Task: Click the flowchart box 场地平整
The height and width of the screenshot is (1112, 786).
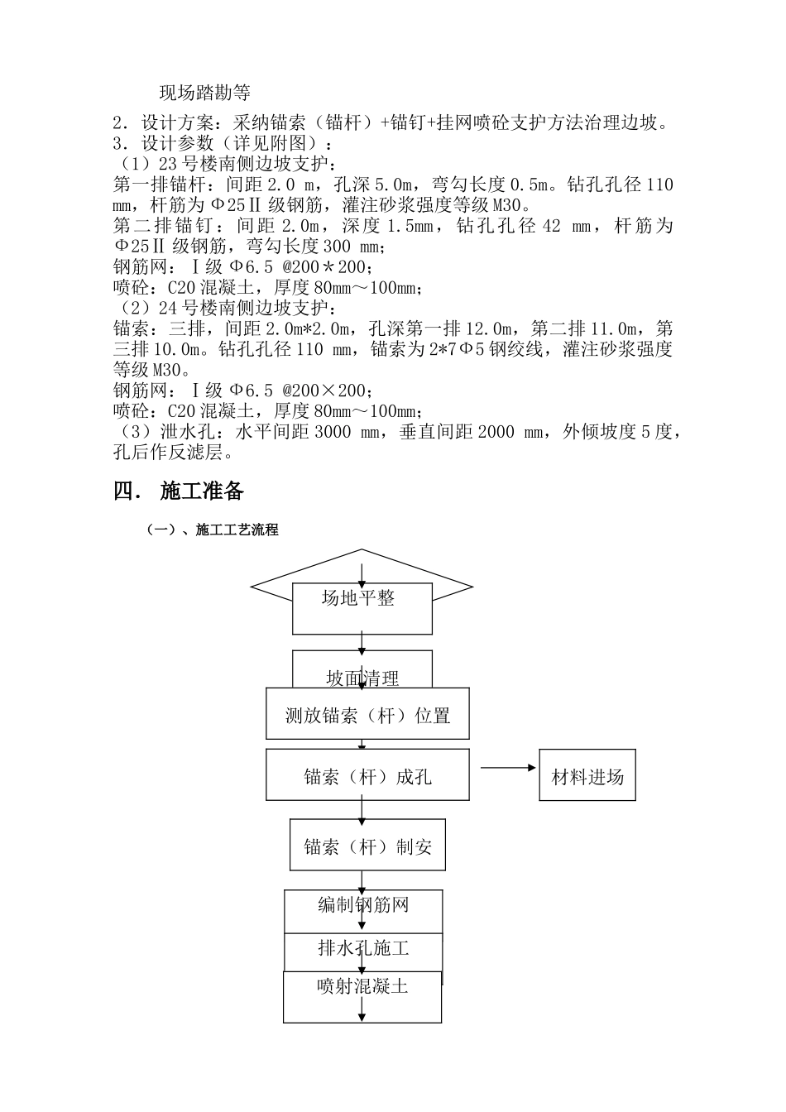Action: point(362,607)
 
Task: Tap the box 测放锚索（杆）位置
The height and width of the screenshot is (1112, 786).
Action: point(367,715)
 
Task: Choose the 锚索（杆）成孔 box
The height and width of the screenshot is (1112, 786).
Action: point(367,776)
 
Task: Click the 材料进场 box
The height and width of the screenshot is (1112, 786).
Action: point(587,776)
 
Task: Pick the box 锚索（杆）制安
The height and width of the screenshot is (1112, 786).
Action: point(367,846)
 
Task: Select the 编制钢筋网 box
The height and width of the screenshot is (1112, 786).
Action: point(363,906)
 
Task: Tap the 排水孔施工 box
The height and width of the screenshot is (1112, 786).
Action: point(363,948)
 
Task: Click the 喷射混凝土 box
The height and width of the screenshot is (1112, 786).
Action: point(362,995)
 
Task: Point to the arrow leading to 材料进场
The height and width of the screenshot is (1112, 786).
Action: point(508,768)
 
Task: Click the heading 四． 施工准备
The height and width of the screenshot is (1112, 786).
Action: point(179,491)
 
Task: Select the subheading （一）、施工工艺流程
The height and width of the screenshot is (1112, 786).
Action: point(213,530)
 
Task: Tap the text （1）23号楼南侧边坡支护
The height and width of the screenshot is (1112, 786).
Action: point(222,163)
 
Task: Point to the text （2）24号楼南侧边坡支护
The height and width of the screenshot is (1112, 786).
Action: point(222,309)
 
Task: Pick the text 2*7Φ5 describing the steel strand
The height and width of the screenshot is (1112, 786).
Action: point(447,349)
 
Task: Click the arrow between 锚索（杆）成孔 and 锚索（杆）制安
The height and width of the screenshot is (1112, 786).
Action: point(362,810)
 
